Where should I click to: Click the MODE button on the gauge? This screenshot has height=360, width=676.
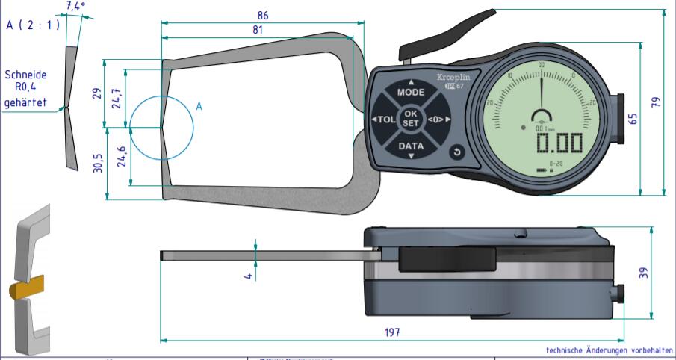(x=410, y=93)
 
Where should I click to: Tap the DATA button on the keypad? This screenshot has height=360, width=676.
(x=410, y=146)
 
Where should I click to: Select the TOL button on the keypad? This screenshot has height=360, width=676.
(x=385, y=120)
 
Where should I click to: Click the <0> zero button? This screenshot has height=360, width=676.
(x=438, y=120)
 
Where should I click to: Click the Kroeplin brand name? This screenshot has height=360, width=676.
(x=454, y=78)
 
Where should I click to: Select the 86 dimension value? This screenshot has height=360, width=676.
(x=263, y=15)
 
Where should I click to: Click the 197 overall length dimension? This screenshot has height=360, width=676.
(x=391, y=332)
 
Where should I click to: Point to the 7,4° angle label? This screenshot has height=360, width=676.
(x=75, y=6)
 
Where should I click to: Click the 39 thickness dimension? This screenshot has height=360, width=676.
(x=644, y=273)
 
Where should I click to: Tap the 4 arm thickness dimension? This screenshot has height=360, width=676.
(x=249, y=276)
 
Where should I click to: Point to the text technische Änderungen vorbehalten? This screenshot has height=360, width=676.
(x=608, y=350)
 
